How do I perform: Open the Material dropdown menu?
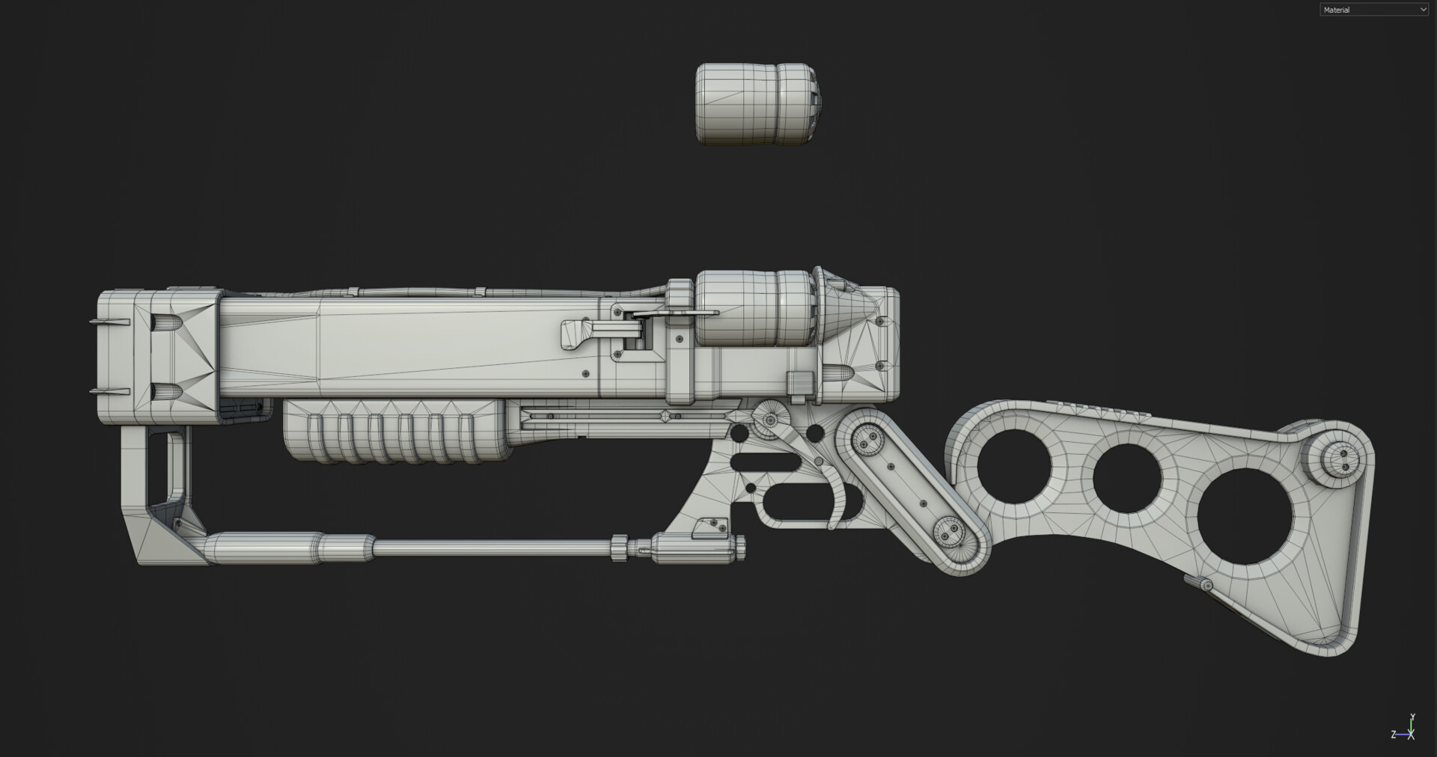1373,10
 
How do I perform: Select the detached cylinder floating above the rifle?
756,103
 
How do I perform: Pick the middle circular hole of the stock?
1127,478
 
